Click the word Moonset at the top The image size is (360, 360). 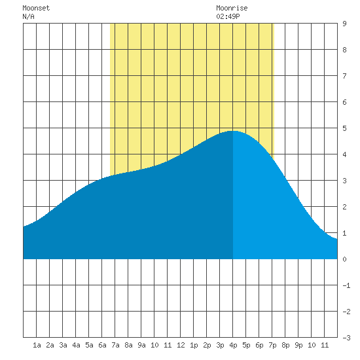(x=36, y=8)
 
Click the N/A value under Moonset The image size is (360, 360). (x=28, y=16)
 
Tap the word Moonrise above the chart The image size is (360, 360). (x=232, y=8)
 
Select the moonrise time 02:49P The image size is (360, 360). (x=228, y=16)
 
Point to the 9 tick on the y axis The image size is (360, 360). (x=344, y=24)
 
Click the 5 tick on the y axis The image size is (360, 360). (x=344, y=128)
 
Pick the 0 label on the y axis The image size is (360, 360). (x=344, y=259)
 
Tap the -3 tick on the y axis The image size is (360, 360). (x=346, y=338)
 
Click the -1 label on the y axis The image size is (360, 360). (x=346, y=285)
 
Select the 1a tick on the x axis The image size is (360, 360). (x=37, y=345)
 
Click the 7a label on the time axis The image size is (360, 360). (x=115, y=345)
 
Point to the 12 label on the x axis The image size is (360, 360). (x=181, y=345)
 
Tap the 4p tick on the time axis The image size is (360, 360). (x=233, y=345)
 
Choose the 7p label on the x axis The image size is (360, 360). (x=272, y=345)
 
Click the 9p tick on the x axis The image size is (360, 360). (x=298, y=345)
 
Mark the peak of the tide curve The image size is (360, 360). (x=232, y=131)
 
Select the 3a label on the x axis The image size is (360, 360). (x=63, y=345)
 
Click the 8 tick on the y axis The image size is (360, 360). (x=344, y=50)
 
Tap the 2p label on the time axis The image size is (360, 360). (x=207, y=345)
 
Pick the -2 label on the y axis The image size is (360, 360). (x=346, y=312)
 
